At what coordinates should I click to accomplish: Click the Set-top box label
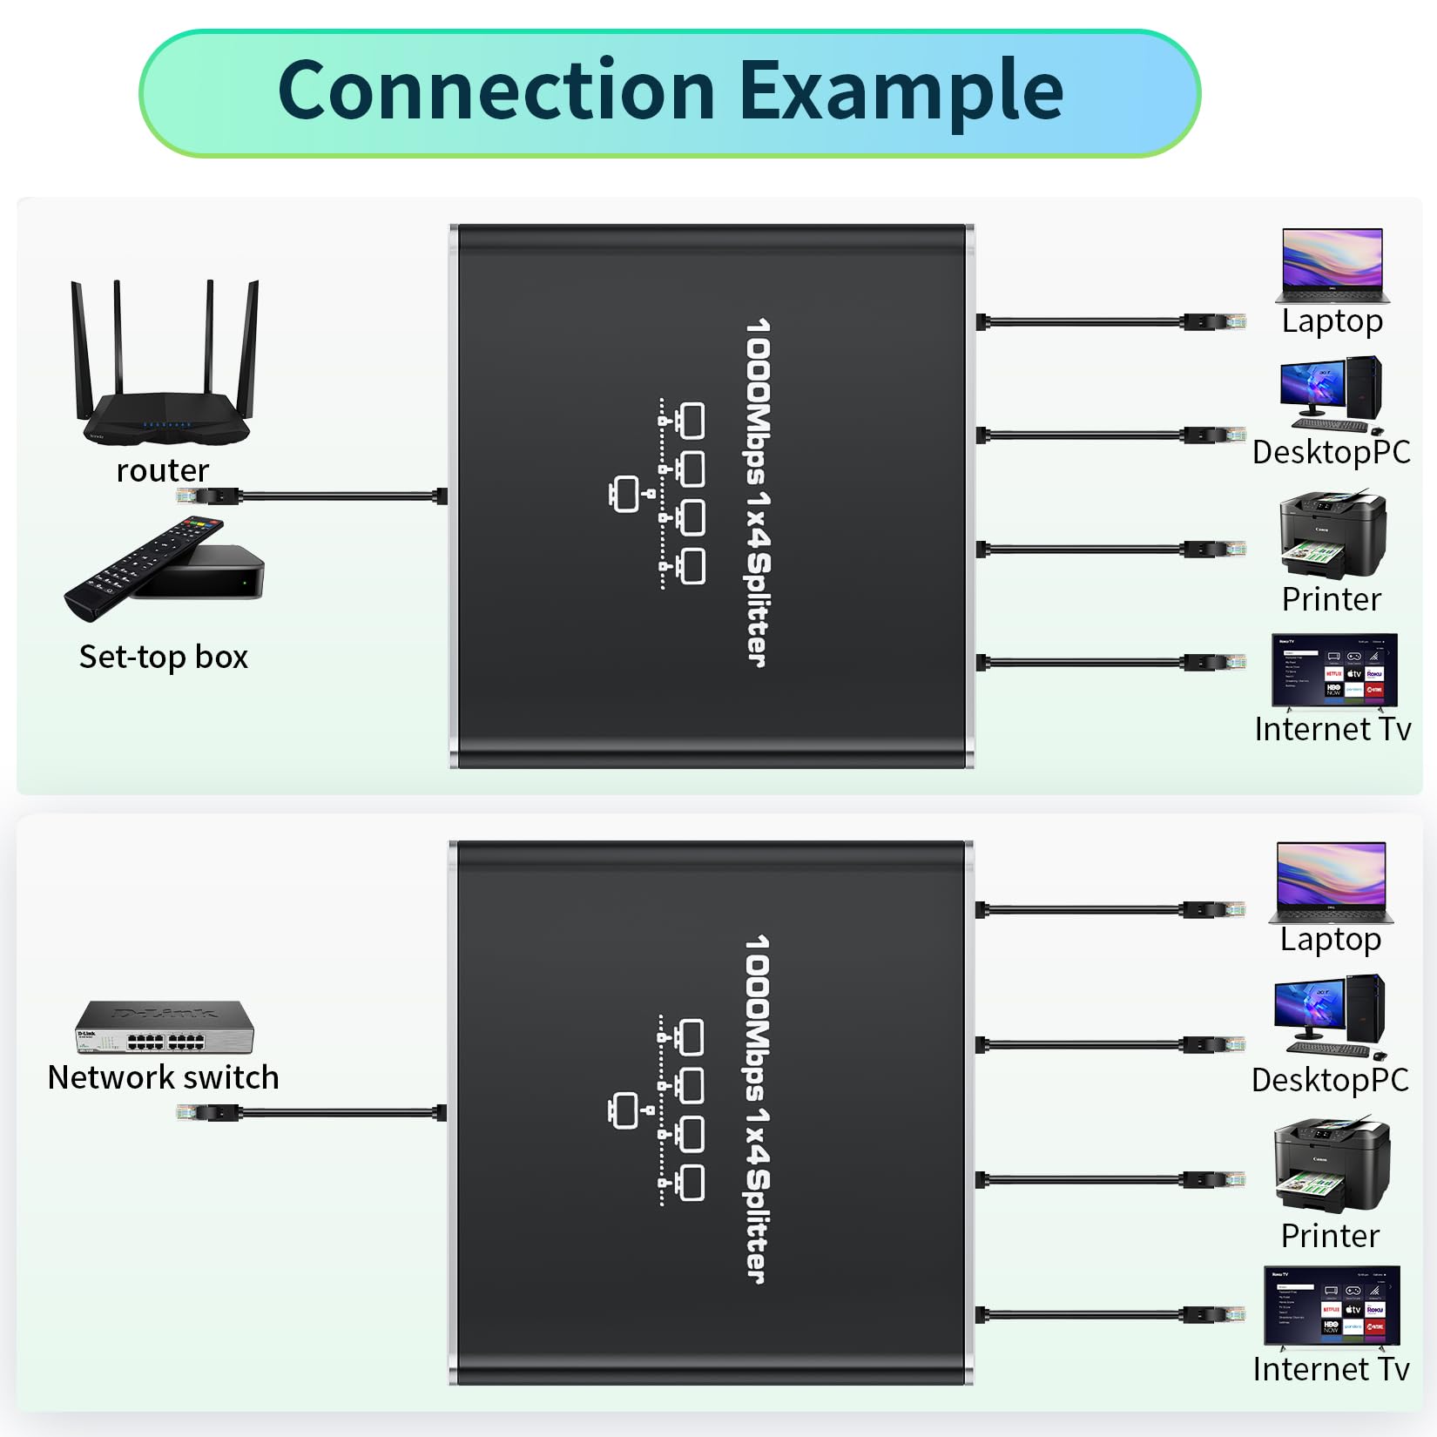pyautogui.click(x=164, y=657)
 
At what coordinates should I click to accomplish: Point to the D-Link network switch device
pyautogui.click(x=165, y=1028)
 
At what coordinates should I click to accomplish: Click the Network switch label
pyautogui.click(x=164, y=1077)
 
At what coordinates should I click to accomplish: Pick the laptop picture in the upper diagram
pyautogui.click(x=1332, y=265)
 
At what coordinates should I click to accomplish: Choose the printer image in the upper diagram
pyautogui.click(x=1332, y=535)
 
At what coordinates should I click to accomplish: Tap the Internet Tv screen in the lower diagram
pyautogui.click(x=1332, y=1305)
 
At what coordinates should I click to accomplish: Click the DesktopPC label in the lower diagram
pyautogui.click(x=1330, y=1080)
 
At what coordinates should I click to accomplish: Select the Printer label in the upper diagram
pyautogui.click(x=1332, y=599)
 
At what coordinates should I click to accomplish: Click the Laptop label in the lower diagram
pyautogui.click(x=1331, y=940)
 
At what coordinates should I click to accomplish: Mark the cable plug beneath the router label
pyautogui.click(x=209, y=496)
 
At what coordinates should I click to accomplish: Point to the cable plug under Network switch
pyautogui.click(x=209, y=1112)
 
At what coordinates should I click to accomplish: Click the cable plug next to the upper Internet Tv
pyautogui.click(x=1215, y=663)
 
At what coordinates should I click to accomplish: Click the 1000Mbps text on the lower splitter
pyautogui.click(x=757, y=1015)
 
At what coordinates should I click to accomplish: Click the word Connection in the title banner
pyautogui.click(x=496, y=92)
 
